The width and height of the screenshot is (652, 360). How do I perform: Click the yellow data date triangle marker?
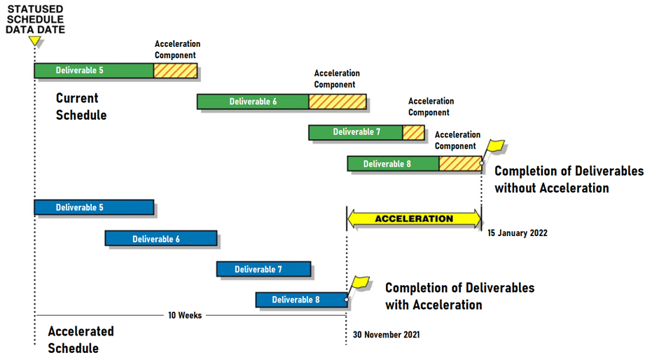(x=35, y=41)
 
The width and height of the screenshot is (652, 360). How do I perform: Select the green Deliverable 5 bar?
(x=94, y=71)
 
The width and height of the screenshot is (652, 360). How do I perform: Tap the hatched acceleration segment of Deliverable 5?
(x=176, y=71)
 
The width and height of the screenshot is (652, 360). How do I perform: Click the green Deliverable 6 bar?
(x=253, y=102)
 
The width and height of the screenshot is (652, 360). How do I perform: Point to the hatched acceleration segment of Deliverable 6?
(x=338, y=102)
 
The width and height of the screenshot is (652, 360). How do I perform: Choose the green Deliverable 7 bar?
(x=356, y=132)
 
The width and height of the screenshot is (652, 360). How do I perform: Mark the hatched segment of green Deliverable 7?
(x=414, y=132)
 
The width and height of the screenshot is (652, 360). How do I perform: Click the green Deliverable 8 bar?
(x=394, y=164)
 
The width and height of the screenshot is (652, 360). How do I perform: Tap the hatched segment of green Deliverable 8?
(x=460, y=164)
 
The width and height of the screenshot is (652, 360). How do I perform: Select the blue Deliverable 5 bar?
(x=94, y=207)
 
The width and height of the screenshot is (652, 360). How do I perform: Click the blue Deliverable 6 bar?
(x=161, y=239)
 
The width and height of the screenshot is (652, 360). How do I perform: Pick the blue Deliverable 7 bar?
(x=263, y=270)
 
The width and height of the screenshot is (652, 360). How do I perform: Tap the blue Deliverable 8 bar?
(x=301, y=300)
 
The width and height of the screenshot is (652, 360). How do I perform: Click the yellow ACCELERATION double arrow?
(x=414, y=219)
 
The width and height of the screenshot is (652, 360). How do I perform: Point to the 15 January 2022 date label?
(x=518, y=233)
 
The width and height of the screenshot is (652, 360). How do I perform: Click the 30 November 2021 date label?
(x=387, y=335)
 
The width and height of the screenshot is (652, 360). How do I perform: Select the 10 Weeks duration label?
(x=185, y=315)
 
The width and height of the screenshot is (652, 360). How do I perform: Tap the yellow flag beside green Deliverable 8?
(x=494, y=151)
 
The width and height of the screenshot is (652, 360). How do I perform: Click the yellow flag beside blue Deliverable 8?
(x=359, y=287)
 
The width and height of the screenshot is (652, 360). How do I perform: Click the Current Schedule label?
(x=81, y=107)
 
